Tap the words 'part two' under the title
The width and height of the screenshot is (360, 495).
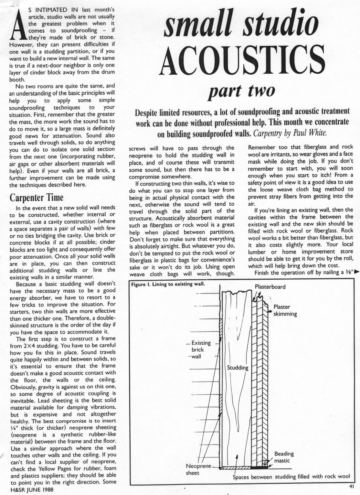point(242,91)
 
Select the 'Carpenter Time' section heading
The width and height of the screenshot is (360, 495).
point(37,197)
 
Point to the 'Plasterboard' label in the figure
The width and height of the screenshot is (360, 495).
point(270,287)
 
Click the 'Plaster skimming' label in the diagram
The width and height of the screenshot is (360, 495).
point(285,310)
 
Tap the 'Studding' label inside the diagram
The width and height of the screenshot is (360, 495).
point(238,368)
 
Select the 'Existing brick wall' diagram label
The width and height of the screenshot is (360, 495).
point(200,350)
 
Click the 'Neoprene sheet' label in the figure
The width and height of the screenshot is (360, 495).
point(198,469)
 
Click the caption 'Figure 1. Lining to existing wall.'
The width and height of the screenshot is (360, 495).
point(168,284)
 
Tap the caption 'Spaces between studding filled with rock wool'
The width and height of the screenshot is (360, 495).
point(291,477)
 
